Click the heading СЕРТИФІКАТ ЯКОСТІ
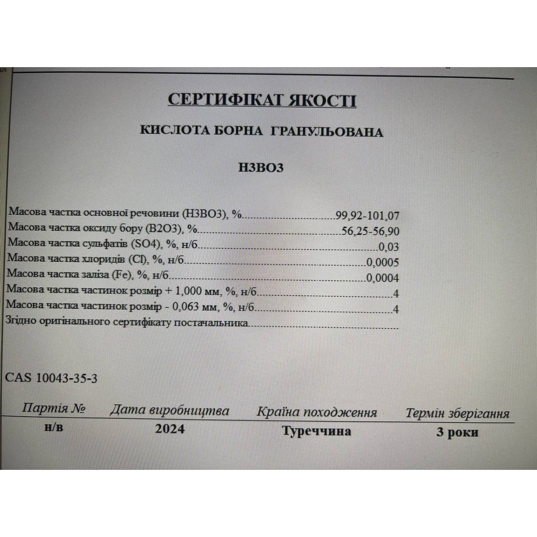(262, 99)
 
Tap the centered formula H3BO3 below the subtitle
(261, 167)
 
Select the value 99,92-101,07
(367, 216)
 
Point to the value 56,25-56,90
(370, 231)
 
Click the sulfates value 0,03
(388, 247)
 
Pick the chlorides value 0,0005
(382, 262)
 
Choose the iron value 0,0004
(383, 278)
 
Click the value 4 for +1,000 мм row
(395, 294)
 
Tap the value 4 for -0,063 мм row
(395, 309)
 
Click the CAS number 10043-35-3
(66, 378)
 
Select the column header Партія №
(53, 408)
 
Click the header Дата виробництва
(170, 410)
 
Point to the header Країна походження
(316, 412)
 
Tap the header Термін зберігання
(457, 413)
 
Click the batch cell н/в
(54, 427)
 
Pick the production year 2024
(170, 429)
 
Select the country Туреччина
(316, 431)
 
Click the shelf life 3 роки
(457, 432)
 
